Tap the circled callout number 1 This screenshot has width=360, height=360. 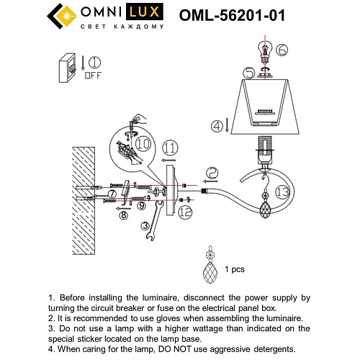click(x=94, y=62)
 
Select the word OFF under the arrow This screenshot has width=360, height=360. click(x=94, y=74)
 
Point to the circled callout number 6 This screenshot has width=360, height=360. click(x=282, y=50)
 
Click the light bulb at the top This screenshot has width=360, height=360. click(x=264, y=51)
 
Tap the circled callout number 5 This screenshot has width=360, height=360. click(x=249, y=73)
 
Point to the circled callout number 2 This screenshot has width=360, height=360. click(x=212, y=172)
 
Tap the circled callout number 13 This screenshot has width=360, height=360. click(x=282, y=191)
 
